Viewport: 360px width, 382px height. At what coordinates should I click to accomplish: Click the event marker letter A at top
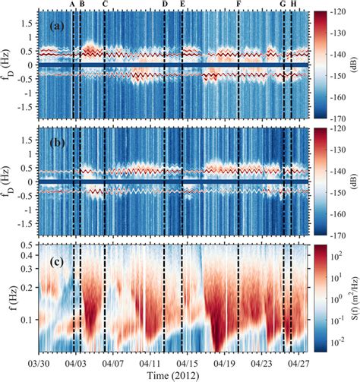[x=72, y=5]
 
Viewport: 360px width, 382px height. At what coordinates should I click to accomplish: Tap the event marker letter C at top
[x=104, y=5]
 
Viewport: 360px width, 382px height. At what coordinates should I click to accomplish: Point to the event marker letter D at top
[x=165, y=5]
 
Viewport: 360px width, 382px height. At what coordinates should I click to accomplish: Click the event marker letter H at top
[x=294, y=5]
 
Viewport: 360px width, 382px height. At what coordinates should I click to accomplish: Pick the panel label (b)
[x=55, y=142]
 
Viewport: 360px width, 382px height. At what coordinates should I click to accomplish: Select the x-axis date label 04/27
[x=298, y=362]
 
